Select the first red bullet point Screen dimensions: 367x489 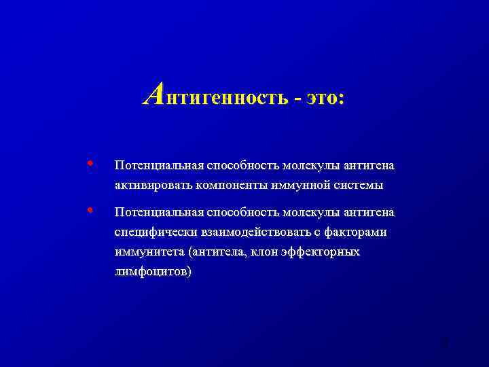[x=91, y=163]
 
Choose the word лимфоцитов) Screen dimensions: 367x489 [x=153, y=271]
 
